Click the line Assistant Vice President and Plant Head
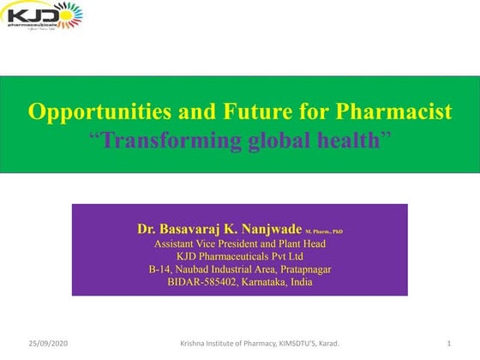(240, 243)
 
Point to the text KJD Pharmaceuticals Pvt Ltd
(240, 256)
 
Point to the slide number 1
(448, 344)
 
